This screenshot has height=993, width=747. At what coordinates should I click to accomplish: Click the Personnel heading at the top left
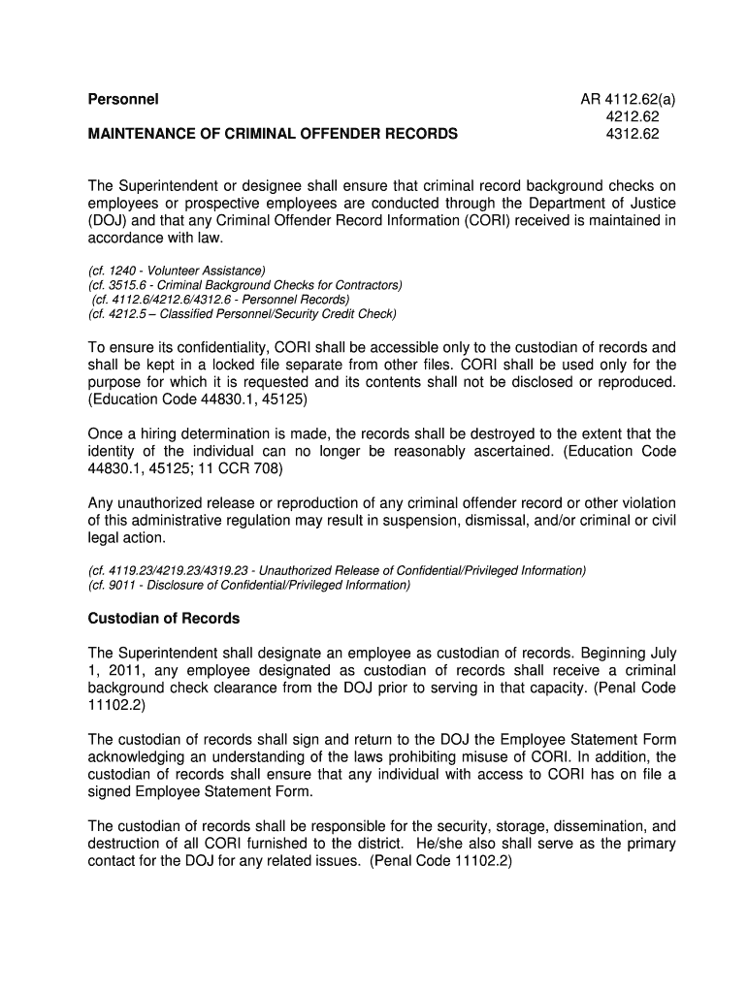123,99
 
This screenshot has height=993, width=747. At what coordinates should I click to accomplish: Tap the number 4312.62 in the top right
632,134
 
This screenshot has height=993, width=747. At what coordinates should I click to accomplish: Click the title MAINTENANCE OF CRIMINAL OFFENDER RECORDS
273,134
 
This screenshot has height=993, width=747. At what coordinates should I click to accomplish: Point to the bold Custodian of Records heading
164,618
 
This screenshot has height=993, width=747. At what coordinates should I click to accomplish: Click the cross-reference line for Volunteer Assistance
177,270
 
